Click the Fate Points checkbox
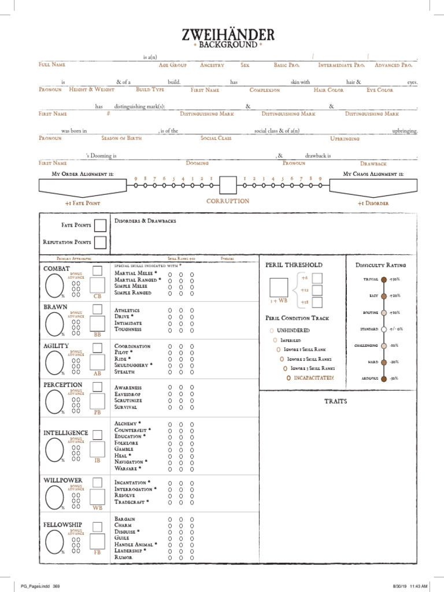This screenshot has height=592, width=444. click(x=100, y=225)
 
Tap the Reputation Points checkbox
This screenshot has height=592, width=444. click(x=100, y=242)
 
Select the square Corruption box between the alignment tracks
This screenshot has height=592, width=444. click(x=228, y=186)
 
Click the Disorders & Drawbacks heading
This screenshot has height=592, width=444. click(x=145, y=221)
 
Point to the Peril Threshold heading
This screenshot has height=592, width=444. click(x=286, y=265)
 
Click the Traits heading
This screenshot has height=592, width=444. click(x=336, y=401)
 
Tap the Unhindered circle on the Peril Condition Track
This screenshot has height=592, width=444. click(x=271, y=330)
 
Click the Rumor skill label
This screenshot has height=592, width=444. click(x=124, y=557)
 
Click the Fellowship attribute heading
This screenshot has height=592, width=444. click(x=62, y=524)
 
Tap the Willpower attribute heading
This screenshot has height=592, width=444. click(x=62, y=480)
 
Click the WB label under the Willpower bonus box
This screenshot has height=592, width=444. click(x=98, y=508)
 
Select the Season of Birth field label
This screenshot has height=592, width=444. click(x=118, y=139)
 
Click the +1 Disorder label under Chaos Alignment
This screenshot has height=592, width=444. click(x=373, y=203)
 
